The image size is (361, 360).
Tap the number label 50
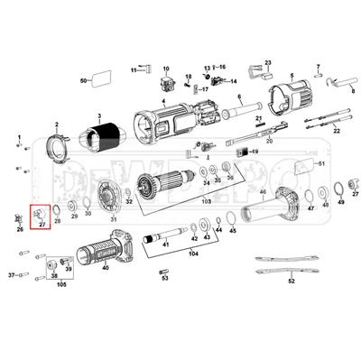[x=83, y=81]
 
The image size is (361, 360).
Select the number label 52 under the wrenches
[x=291, y=282]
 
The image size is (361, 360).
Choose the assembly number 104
[x=191, y=255]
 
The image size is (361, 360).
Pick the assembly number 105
[x=61, y=284]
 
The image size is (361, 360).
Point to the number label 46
[x=263, y=192]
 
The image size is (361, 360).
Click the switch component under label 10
[x=166, y=86]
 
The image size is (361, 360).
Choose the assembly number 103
[x=205, y=201]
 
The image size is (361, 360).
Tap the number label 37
[x=12, y=273]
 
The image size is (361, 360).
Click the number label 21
[x=258, y=118]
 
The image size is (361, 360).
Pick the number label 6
[x=239, y=97]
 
